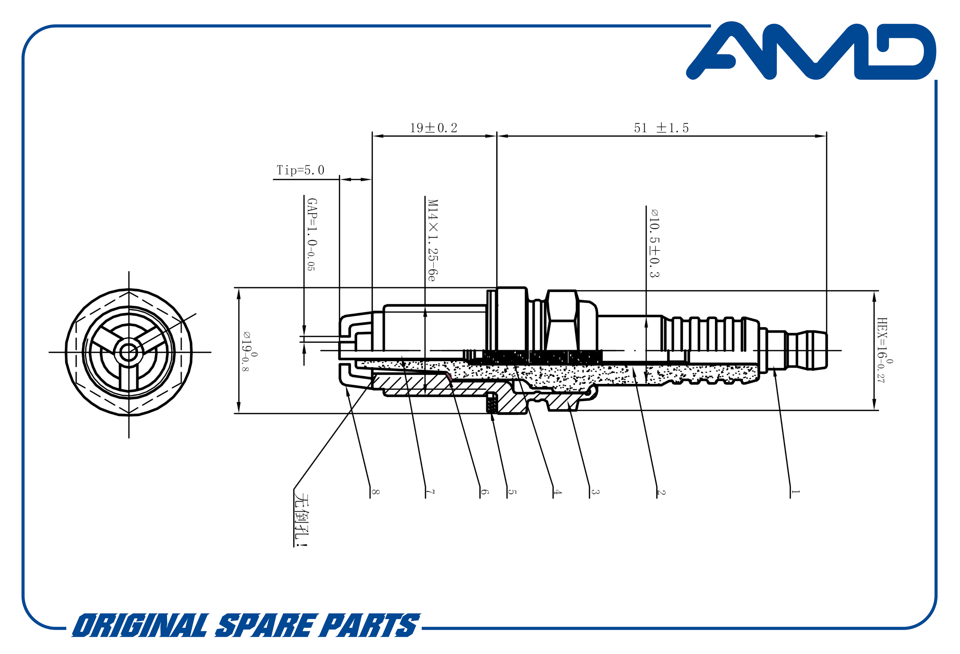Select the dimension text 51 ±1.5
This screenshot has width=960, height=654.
pos(661,128)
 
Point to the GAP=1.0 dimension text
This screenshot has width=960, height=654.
pos(312,234)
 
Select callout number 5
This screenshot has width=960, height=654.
pos(512,492)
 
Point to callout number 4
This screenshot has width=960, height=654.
pos(558,492)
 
